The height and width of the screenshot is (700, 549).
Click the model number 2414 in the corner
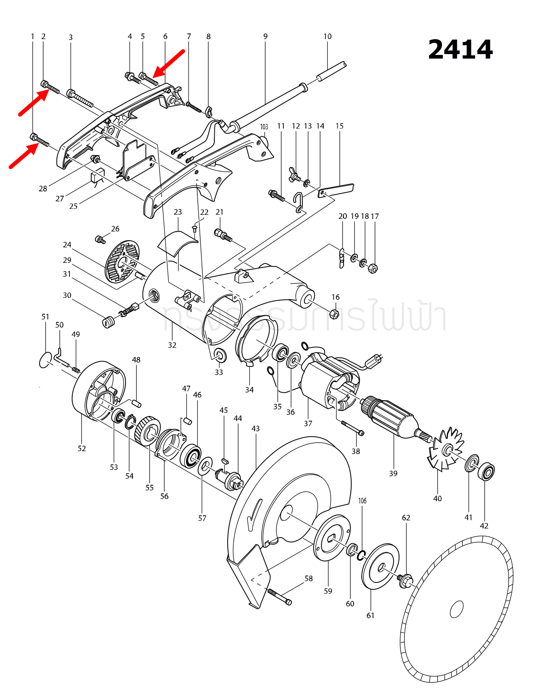[460, 50]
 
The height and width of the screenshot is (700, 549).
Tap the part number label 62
[406, 518]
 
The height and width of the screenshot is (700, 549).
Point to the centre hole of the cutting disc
[457, 609]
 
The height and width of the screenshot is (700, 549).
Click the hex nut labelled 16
[334, 313]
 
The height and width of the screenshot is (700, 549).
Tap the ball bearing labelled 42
[486, 471]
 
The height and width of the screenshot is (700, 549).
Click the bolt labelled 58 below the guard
[279, 597]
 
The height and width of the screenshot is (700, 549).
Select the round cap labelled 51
[46, 360]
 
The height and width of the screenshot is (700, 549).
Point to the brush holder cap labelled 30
[107, 322]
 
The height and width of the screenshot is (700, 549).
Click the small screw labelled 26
[100, 240]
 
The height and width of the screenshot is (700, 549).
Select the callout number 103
[264, 127]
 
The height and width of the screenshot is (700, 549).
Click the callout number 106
[363, 501]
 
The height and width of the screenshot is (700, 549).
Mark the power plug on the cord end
[376, 359]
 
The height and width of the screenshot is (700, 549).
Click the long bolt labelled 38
[352, 428]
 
